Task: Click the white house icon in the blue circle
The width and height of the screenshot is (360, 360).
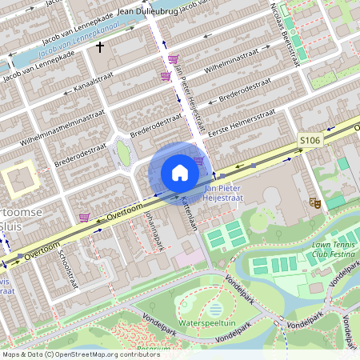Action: point(180,172)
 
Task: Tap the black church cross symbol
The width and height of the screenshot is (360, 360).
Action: point(100,47)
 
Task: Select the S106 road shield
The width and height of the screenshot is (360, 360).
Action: point(310,140)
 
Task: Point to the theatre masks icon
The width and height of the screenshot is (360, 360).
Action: point(314,203)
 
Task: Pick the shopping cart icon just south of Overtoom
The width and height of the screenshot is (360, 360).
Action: point(83,217)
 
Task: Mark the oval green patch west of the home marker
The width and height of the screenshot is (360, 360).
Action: point(122,152)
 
